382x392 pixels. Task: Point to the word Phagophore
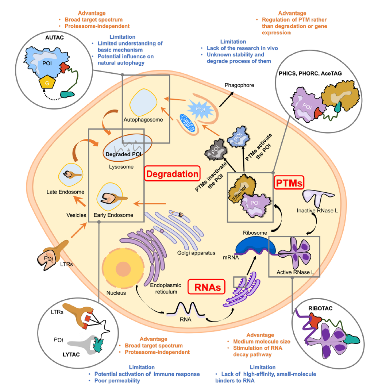(x=239, y=85)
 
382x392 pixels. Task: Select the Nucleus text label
(x=116, y=293)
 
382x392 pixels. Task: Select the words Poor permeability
(x=117, y=381)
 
